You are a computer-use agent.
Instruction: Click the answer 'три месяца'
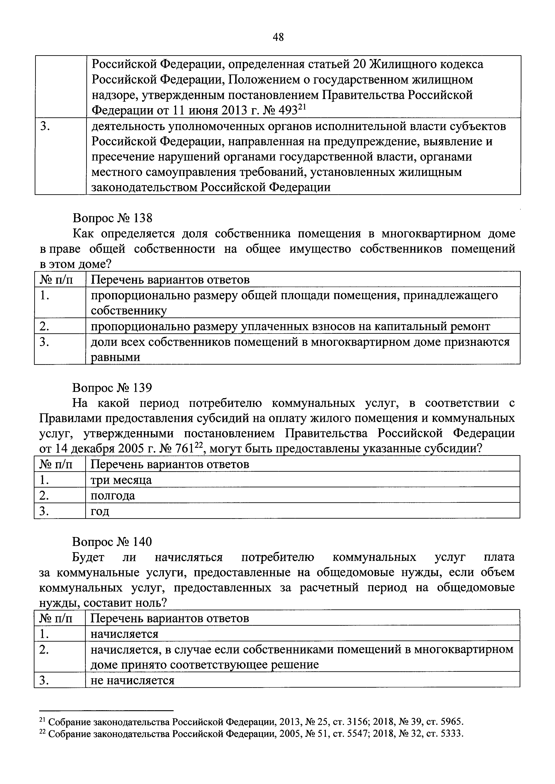tap(121, 480)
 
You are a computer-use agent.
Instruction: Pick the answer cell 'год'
tap(100, 511)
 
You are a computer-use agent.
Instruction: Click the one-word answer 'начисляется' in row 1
tap(124, 634)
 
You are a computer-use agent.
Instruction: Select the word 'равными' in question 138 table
tap(115, 357)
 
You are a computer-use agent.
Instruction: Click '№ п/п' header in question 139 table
tap(56, 464)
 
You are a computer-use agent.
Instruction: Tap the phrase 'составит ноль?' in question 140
tap(125, 603)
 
